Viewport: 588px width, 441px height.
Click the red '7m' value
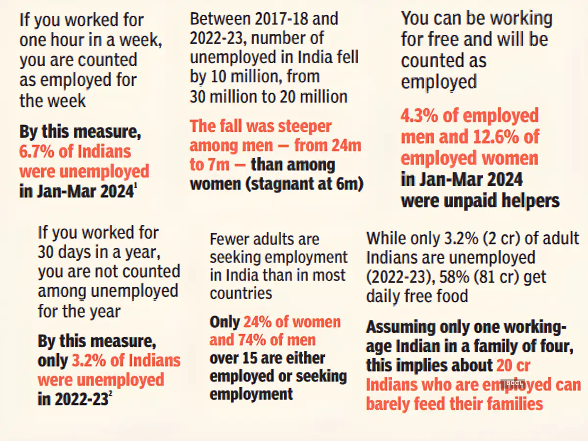pyautogui.click(x=217, y=165)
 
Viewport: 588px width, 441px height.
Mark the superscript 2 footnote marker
pyautogui.click(x=111, y=395)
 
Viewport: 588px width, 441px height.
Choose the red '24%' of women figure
pyautogui.click(x=261, y=322)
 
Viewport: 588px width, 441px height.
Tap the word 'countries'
pyautogui.click(x=241, y=294)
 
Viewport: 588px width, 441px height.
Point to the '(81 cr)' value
pyautogui.click(x=480, y=277)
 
